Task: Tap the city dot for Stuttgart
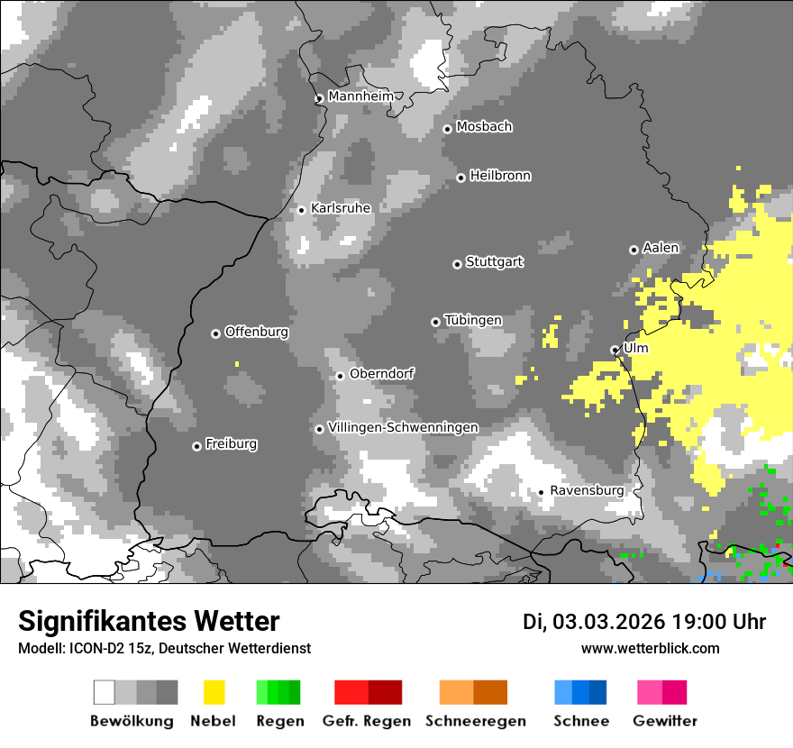[457, 264]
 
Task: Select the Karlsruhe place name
[341, 208]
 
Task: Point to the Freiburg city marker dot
[196, 446]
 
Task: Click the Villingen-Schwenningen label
[403, 427]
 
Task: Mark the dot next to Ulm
[615, 350]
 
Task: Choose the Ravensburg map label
[587, 490]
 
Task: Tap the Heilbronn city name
[500, 176]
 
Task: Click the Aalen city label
[661, 248]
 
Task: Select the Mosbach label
[484, 127]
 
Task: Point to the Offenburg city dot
[215, 333]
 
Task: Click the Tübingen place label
[473, 320]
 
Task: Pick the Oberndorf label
[381, 373]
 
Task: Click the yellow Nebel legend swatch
[214, 692]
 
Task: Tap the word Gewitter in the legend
[665, 721]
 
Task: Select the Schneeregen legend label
[476, 721]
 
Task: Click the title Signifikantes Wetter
[149, 621]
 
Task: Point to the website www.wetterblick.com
[650, 648]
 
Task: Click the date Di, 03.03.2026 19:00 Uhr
[644, 622]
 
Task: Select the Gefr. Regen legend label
[367, 721]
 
